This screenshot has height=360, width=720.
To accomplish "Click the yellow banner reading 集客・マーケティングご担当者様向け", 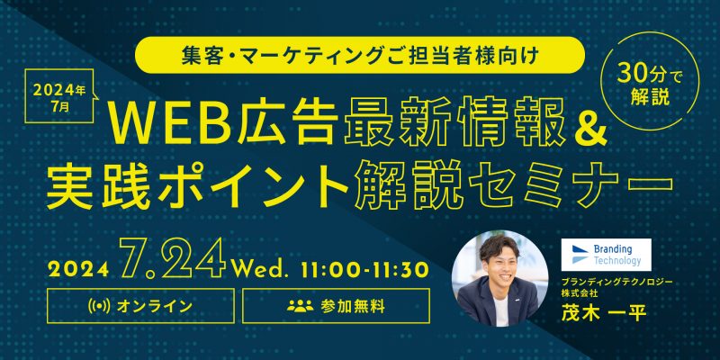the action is click(x=360, y=55).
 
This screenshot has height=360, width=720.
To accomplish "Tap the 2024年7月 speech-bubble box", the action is click(x=59, y=95).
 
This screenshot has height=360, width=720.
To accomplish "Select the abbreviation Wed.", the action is click(x=260, y=267).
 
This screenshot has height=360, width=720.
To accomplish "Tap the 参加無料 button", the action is click(x=336, y=306).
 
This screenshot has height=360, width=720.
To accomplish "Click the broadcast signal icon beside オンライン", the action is click(x=98, y=306).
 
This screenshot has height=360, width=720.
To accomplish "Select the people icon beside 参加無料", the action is click(x=300, y=306).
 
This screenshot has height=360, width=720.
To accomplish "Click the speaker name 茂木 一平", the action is click(x=603, y=314).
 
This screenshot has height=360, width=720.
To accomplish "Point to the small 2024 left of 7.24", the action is click(x=77, y=269).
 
